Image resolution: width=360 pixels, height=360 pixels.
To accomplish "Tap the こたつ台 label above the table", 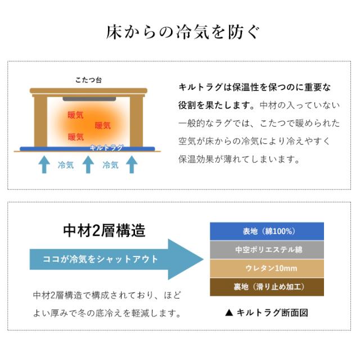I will tap(88, 80).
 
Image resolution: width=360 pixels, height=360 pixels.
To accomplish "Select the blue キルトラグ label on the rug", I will tap(106, 148).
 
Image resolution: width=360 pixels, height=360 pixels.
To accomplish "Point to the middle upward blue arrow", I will tap(88, 164).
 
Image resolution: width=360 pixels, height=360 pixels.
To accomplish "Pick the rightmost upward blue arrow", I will tap(132, 164).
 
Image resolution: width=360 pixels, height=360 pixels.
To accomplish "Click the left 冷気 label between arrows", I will tap(65, 165).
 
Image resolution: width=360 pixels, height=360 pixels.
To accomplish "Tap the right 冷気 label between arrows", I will tap(110, 165).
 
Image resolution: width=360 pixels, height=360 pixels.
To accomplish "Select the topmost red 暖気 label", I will tap(75, 115).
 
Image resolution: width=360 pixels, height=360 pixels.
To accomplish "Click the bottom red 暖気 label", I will tap(75, 137).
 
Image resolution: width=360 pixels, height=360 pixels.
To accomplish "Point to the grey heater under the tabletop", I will tap(90, 99).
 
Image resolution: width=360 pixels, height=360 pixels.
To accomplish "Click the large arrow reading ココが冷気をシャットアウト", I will tap(112, 259).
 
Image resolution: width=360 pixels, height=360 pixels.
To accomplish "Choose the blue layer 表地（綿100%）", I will tap(267, 231).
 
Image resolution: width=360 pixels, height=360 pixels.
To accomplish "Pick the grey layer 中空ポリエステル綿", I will tap(267, 249).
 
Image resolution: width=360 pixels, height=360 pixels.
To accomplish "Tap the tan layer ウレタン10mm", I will tap(267, 268).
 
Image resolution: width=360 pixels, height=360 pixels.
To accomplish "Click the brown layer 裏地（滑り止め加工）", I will tap(267, 286).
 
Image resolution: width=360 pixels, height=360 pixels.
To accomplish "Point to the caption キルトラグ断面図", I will tap(267, 313).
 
